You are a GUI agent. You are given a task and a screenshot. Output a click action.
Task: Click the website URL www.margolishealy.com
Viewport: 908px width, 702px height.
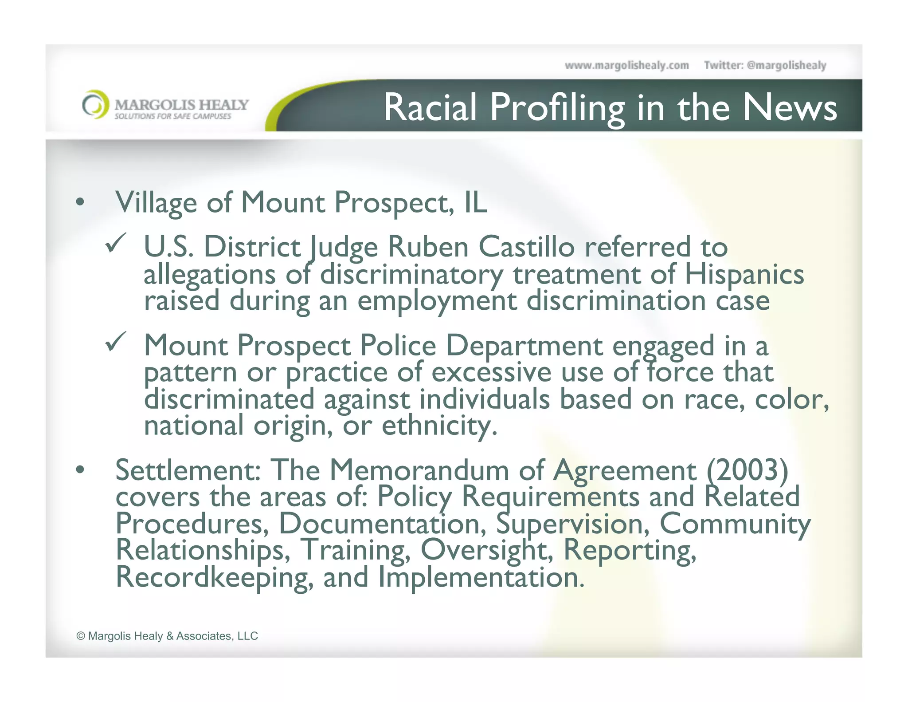click(x=626, y=66)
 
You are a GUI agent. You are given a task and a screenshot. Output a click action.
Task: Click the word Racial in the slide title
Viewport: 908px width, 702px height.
click(x=430, y=107)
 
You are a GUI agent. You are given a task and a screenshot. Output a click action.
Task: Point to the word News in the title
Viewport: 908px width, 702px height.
click(x=790, y=107)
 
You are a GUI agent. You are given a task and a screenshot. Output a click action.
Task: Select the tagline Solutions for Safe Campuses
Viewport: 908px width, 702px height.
click(x=173, y=116)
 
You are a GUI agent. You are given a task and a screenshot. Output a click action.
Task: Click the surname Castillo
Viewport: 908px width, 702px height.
click(x=526, y=247)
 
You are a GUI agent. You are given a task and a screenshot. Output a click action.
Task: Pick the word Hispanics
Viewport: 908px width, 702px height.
click(x=744, y=274)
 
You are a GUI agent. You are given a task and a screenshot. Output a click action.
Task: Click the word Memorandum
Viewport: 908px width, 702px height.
click(x=419, y=470)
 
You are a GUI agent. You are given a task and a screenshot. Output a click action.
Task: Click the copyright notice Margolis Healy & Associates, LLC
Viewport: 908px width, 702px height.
click(x=167, y=636)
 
